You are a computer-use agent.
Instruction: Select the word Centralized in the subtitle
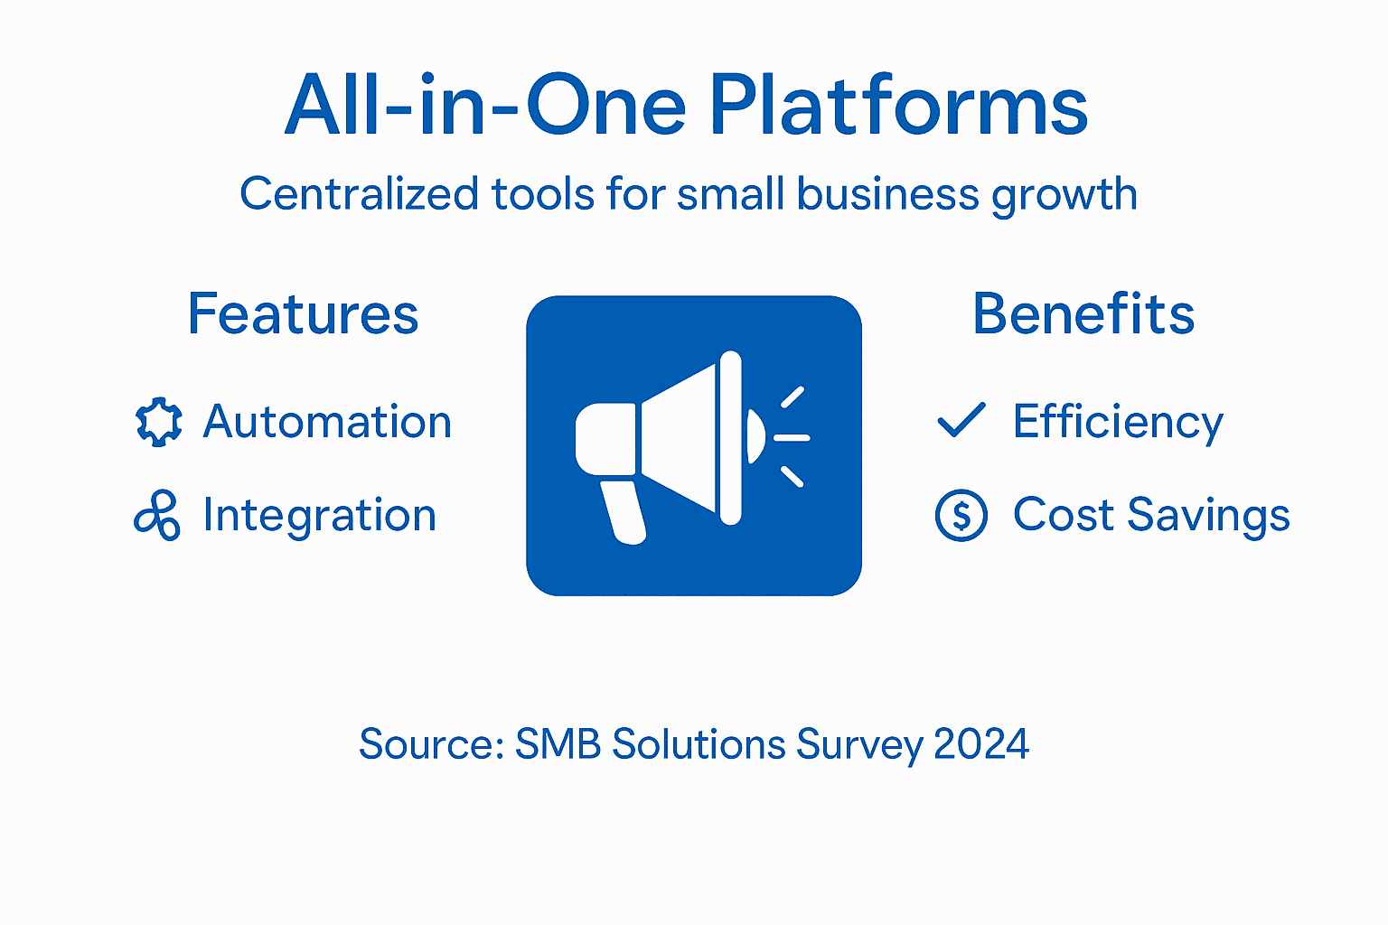[x=359, y=194]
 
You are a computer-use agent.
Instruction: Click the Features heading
[x=303, y=314]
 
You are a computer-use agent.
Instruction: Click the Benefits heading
[x=1083, y=314]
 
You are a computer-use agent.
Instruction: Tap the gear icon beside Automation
[x=158, y=422]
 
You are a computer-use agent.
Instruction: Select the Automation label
[x=327, y=422]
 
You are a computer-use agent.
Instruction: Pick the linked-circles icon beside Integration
[x=157, y=516]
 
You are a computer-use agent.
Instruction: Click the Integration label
[x=320, y=516]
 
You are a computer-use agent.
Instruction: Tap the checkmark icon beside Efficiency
[x=961, y=420]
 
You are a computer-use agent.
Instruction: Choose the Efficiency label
[x=1118, y=423]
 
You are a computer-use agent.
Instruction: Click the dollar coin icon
[x=961, y=515]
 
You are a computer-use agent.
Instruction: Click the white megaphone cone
[x=680, y=439]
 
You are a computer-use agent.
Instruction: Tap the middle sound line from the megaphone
[x=792, y=438]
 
